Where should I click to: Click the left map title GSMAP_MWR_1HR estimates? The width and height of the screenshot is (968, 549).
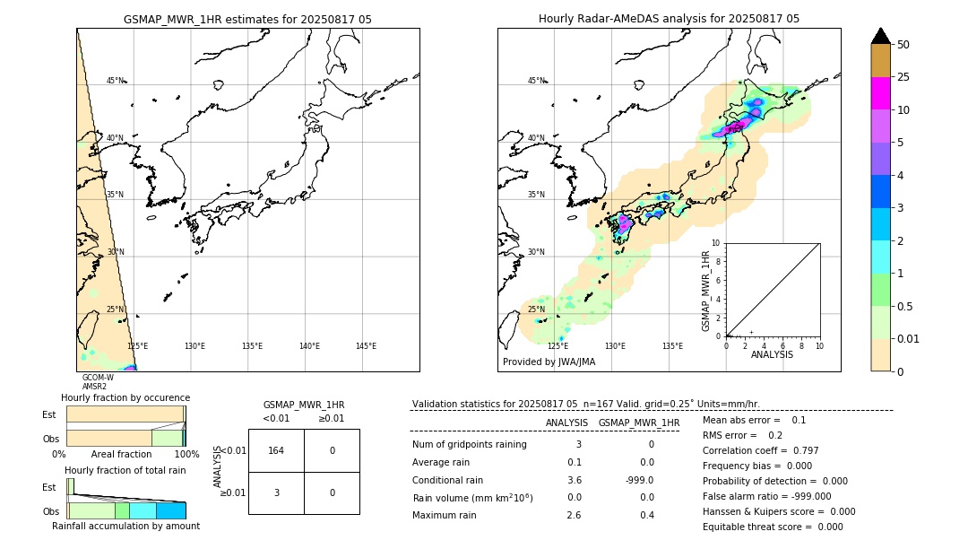click(247, 19)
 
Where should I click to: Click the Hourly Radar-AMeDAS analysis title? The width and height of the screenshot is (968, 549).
click(669, 19)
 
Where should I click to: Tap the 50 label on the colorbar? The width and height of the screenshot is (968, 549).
click(903, 45)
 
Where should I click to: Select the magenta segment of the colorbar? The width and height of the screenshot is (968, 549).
click(880, 93)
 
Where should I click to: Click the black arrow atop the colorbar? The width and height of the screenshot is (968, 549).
click(880, 36)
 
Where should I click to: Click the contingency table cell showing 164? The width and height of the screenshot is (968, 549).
click(276, 450)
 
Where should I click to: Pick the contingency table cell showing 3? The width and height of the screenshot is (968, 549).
click(276, 492)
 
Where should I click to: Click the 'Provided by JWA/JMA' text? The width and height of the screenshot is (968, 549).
click(549, 362)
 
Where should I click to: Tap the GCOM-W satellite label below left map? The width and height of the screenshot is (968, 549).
click(98, 378)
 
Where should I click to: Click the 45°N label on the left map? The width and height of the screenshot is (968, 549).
click(115, 81)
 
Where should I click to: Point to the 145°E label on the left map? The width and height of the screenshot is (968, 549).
click(366, 346)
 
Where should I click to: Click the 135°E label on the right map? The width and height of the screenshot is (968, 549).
click(672, 346)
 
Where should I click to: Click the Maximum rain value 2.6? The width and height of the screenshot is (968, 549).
click(574, 515)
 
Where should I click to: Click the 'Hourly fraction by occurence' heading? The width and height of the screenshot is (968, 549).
click(125, 397)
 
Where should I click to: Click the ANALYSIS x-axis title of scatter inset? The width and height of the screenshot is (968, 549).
click(773, 354)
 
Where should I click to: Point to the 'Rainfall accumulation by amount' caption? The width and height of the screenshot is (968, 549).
click(125, 526)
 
